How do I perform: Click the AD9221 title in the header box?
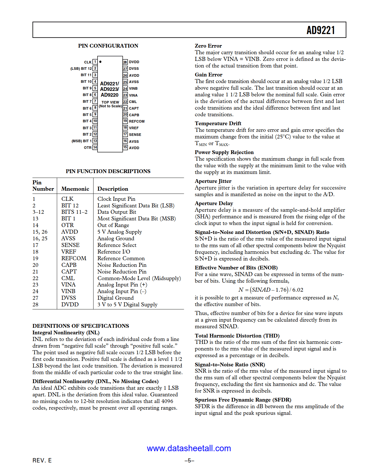click(320, 30)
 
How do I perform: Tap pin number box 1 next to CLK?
click(95, 62)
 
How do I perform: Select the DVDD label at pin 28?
click(134, 62)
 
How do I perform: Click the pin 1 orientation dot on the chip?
click(100, 62)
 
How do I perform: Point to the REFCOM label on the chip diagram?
click(137, 121)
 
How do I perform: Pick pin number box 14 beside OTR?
click(95, 147)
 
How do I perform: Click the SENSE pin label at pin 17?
click(135, 135)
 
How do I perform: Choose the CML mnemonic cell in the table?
click(68, 278)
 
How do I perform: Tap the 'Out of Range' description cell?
click(113, 225)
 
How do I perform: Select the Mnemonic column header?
click(75, 189)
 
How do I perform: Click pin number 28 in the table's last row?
click(35, 305)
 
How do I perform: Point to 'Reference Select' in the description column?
click(117, 245)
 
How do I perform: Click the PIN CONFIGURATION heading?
click(108, 46)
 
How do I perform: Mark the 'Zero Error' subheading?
click(208, 46)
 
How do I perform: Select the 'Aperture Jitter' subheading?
click(213, 181)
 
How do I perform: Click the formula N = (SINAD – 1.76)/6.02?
click(270, 290)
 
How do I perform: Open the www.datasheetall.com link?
click(189, 448)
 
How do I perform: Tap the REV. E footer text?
click(42, 460)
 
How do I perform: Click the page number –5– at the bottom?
click(189, 461)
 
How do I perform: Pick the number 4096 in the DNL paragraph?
click(167, 401)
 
